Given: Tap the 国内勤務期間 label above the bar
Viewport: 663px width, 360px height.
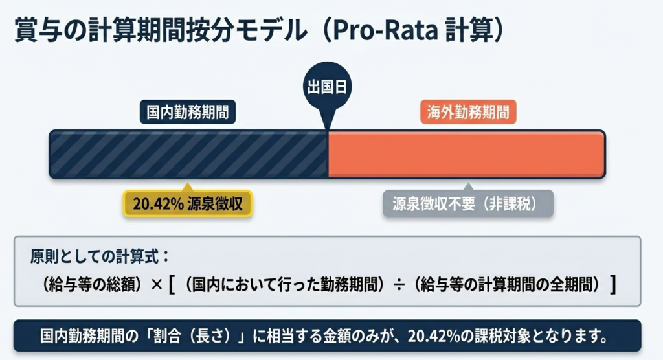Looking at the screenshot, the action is pyautogui.click(x=188, y=112).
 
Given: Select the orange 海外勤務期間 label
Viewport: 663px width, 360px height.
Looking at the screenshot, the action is pyautogui.click(x=468, y=112).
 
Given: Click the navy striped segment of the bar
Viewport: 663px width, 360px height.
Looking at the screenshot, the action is pyautogui.click(x=188, y=154).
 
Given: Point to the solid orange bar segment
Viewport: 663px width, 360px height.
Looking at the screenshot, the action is pyautogui.click(x=467, y=154).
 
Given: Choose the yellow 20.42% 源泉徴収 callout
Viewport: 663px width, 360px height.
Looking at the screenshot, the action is pyautogui.click(x=188, y=203).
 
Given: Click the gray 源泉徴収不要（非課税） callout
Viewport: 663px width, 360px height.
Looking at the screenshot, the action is pyautogui.click(x=468, y=203).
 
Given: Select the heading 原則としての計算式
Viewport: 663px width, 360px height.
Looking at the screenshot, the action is pyautogui.click(x=100, y=256).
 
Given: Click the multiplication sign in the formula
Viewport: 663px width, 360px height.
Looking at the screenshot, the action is pyautogui.click(x=157, y=285).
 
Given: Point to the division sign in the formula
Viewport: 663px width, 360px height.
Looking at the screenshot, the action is pyautogui.click(x=399, y=285).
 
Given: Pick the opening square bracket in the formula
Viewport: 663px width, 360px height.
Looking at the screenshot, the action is pyautogui.click(x=172, y=285).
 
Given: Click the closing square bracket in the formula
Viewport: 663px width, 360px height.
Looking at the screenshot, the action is pyautogui.click(x=612, y=285).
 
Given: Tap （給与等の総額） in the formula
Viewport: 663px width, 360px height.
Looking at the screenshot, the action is pyautogui.click(x=92, y=285).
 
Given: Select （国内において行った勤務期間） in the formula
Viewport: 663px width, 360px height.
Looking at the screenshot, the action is pyautogui.click(x=284, y=285).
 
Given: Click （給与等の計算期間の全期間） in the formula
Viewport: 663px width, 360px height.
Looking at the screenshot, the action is pyautogui.click(x=507, y=285).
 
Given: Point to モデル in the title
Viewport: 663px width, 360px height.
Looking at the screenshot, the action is pyautogui.click(x=271, y=30).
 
